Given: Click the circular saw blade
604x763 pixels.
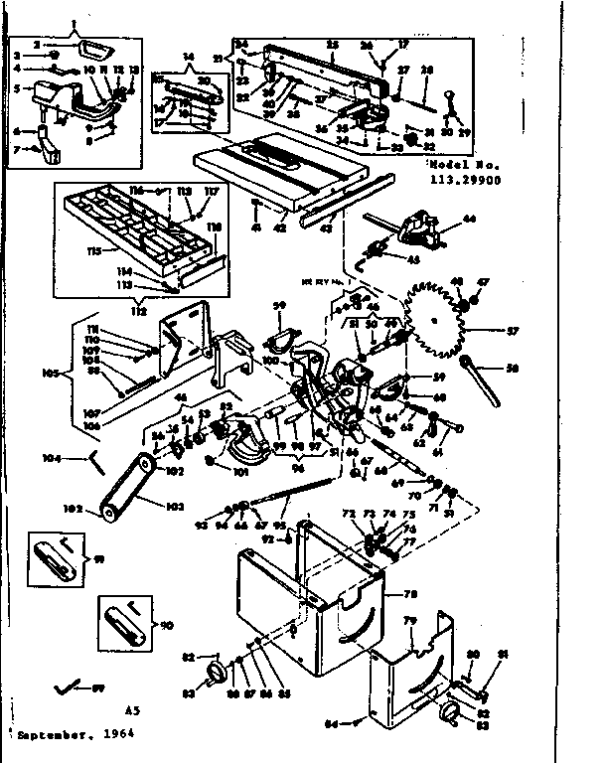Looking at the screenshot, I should click(439, 320).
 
